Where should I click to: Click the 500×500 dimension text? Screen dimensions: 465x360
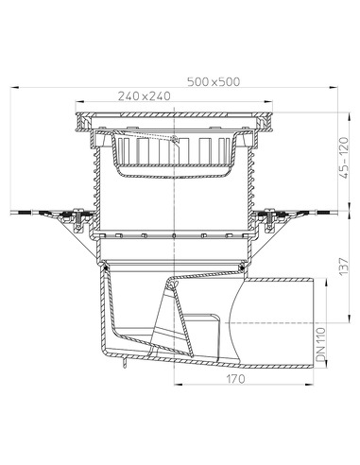214,80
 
